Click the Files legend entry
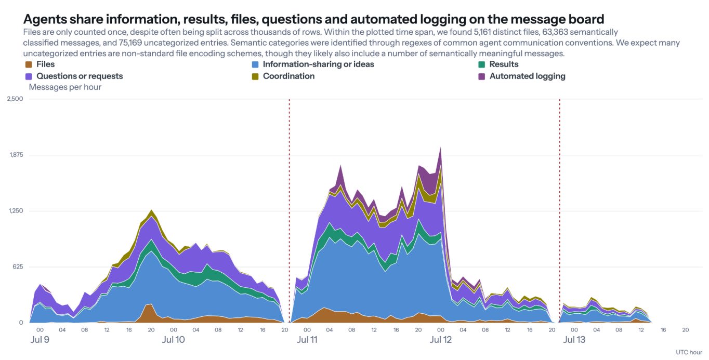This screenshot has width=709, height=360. coord(40,64)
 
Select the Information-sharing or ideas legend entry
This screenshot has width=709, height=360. coord(313,64)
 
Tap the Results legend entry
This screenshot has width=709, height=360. coord(498,64)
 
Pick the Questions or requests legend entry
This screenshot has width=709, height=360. coord(74,76)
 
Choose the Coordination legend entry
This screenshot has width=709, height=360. coord(283,76)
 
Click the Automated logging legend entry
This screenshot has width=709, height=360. coord(522,76)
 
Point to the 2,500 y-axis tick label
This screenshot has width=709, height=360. coord(15,99)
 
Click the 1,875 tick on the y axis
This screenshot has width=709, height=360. coord(16,155)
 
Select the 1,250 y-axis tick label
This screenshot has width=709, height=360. coord(16,211)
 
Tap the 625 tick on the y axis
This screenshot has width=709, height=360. coord(18,266)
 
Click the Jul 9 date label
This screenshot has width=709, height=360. coord(40,340)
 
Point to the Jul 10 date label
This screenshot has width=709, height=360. coord(174,340)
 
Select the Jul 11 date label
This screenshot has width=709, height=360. coord(307,340)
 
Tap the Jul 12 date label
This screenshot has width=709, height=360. coord(441,340)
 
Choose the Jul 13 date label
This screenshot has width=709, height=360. coord(574,340)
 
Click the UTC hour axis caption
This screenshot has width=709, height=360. coord(689,352)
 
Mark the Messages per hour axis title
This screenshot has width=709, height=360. coord(65,87)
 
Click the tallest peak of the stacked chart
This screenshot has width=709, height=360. coord(440,148)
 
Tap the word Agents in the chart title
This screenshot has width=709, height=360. coord(45,20)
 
